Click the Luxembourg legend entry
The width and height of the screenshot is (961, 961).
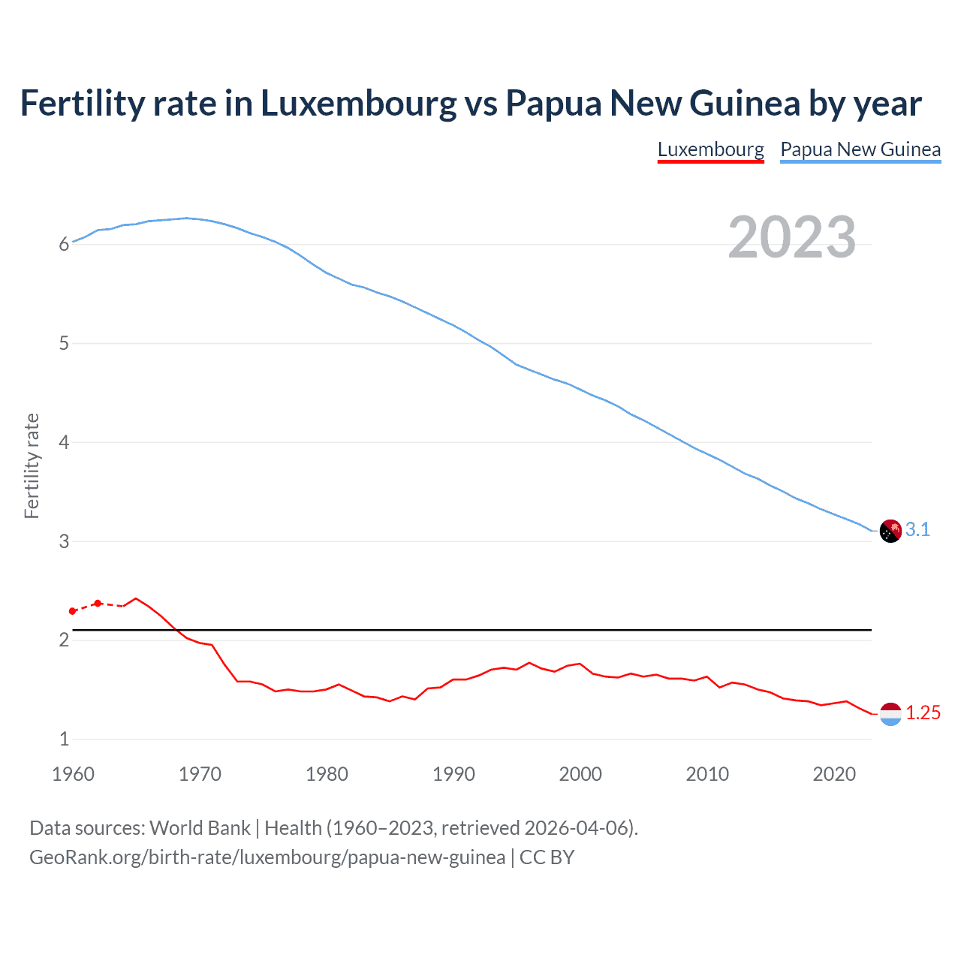[710, 149]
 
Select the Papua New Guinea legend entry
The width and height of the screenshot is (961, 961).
[860, 149]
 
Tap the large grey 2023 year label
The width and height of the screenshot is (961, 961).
[792, 237]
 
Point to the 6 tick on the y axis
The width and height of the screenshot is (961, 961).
[65, 244]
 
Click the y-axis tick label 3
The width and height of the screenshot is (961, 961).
[65, 541]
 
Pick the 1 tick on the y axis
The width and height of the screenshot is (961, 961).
[65, 739]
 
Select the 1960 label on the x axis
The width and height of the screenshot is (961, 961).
[73, 774]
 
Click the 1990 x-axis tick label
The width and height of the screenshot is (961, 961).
[453, 774]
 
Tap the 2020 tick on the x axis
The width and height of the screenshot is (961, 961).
[834, 774]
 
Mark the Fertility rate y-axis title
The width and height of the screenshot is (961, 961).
[32, 465]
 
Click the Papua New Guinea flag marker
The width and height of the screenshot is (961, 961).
[890, 531]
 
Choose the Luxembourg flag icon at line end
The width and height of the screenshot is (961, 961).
[890, 714]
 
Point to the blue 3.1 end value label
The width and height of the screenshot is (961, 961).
[917, 530]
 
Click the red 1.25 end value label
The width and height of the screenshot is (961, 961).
[923, 713]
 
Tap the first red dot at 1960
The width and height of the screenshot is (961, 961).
[73, 611]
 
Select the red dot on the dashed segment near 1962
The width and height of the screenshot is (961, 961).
[98, 603]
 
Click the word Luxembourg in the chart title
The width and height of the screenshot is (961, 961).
[358, 104]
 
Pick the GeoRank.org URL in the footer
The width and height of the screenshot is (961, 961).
[267, 857]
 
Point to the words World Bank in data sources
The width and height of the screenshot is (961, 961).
[200, 828]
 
